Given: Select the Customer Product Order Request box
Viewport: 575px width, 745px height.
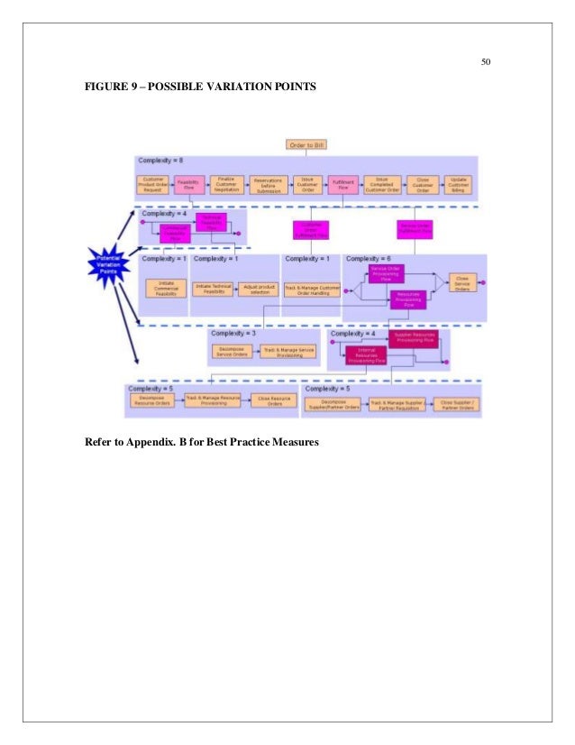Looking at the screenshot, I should [152, 184].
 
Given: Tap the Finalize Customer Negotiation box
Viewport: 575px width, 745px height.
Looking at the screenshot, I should [229, 184].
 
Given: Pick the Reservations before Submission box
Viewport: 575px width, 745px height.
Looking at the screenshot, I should [269, 184].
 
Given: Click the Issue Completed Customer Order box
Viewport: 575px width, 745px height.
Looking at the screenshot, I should [381, 184].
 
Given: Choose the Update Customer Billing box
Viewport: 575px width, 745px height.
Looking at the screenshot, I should [460, 184].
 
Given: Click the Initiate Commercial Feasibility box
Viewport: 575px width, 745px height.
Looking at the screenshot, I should [164, 289].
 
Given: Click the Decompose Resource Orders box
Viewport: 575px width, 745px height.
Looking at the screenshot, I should [152, 402].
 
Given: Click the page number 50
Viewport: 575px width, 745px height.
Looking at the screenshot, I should [485, 62].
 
